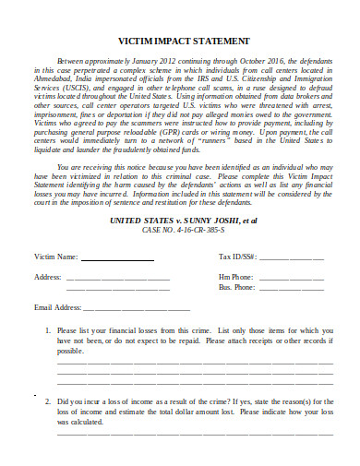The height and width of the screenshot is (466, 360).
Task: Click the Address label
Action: pos(47,276)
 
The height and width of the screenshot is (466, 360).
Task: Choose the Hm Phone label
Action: pos(235,276)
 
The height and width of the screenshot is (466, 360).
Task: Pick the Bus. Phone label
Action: pos(237,286)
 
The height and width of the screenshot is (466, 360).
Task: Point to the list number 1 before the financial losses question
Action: pos(47,329)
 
